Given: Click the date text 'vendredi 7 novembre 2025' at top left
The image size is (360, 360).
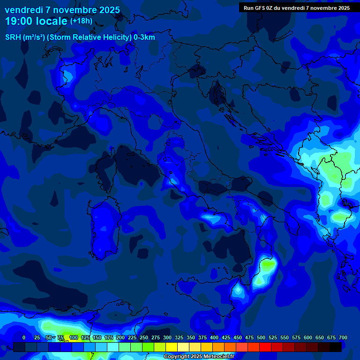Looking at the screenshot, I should pyautogui.click(x=62, y=10).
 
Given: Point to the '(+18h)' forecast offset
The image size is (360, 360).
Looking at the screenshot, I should pyautogui.click(x=81, y=21).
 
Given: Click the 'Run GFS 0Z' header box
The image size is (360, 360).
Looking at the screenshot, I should pyautogui.click(x=297, y=7).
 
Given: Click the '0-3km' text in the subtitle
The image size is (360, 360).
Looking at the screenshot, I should pyautogui.click(x=144, y=37).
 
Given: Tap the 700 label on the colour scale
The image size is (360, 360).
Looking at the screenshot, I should pyautogui.click(x=343, y=337).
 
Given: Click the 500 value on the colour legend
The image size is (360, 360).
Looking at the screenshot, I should pyautogui.click(x=261, y=337).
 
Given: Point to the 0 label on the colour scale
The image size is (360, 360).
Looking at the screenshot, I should pyautogui.click(x=24, y=337).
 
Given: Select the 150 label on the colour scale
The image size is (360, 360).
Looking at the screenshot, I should pyautogui.click(x=97, y=337).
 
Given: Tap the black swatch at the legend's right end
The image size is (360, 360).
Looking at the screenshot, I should pyautogui.click(x=336, y=347).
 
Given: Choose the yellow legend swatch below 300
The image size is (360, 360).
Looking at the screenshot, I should pyautogui.click(x=172, y=347).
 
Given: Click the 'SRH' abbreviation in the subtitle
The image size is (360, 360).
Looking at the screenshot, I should pyautogui.click(x=13, y=37).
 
